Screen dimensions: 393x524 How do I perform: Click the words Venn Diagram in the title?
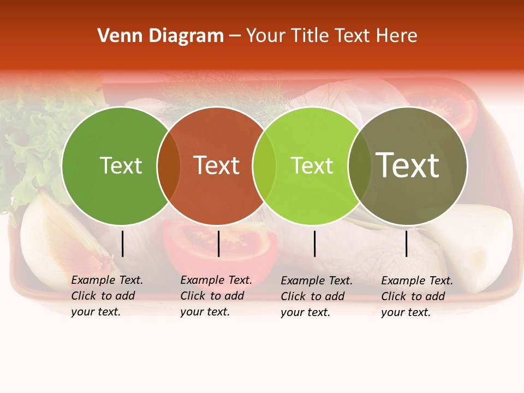(x=160, y=36)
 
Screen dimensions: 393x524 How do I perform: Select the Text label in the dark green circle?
(x=121, y=166)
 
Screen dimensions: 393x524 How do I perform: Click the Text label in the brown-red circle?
(x=217, y=166)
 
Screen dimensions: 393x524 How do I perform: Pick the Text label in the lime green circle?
(x=312, y=166)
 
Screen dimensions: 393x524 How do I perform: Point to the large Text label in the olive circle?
(x=408, y=166)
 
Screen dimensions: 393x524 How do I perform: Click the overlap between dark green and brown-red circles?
(x=169, y=166)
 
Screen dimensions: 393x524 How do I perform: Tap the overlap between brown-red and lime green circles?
(x=264, y=166)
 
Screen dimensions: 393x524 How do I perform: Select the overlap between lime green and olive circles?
(x=360, y=166)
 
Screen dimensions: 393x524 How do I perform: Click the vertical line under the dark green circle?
(x=123, y=243)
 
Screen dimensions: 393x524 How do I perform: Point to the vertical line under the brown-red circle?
(x=218, y=243)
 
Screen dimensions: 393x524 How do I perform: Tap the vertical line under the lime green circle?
(x=315, y=243)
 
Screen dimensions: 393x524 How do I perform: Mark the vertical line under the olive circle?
(x=407, y=243)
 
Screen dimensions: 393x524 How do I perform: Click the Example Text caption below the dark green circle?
(x=107, y=296)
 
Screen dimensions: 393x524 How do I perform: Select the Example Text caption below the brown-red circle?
(x=216, y=296)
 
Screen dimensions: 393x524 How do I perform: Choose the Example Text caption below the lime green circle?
(x=317, y=296)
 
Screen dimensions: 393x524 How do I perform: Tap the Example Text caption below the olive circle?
(x=417, y=296)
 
